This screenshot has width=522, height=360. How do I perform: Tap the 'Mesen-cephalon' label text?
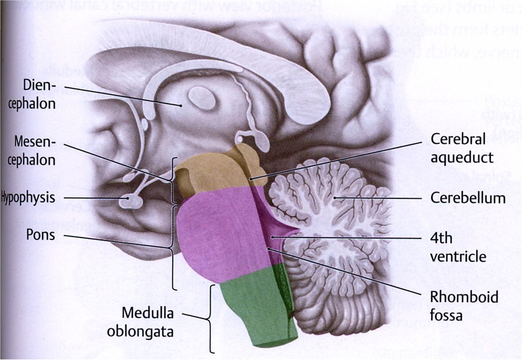pyautogui.click(x=35, y=151)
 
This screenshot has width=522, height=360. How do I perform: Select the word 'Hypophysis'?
pyautogui.click(x=28, y=197)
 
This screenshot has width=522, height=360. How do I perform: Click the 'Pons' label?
pyautogui.click(x=40, y=235)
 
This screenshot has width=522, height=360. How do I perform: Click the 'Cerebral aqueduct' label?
pyautogui.click(x=462, y=148)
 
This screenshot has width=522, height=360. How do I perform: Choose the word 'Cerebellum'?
pyautogui.click(x=468, y=198)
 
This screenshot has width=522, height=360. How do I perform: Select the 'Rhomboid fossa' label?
pyautogui.click(x=464, y=306)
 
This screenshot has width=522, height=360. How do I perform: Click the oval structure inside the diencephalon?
pyautogui.click(x=202, y=98)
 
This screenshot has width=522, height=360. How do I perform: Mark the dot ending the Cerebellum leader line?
pyautogui.click(x=335, y=198)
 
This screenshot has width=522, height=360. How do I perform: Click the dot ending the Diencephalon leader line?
pyautogui.click(x=181, y=105)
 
